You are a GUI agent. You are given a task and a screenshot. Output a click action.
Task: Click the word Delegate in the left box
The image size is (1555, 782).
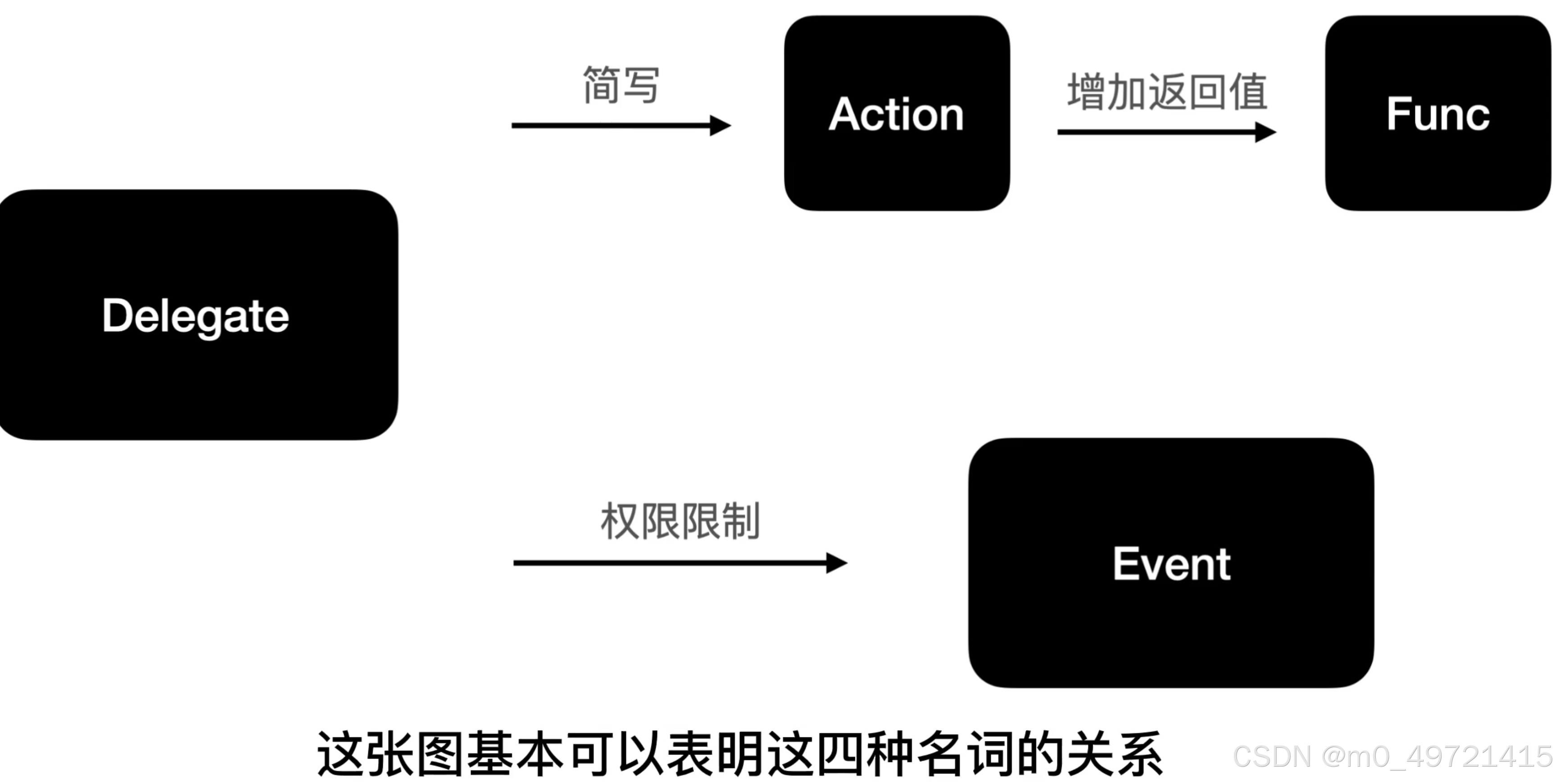(x=195, y=316)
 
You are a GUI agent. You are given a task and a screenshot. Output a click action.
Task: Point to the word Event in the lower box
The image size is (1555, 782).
(x=1171, y=564)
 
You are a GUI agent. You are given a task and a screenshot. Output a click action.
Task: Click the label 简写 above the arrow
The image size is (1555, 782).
(x=621, y=85)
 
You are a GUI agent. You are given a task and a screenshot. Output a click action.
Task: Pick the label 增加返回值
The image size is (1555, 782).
(x=1167, y=92)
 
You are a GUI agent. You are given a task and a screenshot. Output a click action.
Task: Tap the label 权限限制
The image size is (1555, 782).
(x=680, y=521)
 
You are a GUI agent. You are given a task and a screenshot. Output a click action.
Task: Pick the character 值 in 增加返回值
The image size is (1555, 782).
(x=1248, y=92)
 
